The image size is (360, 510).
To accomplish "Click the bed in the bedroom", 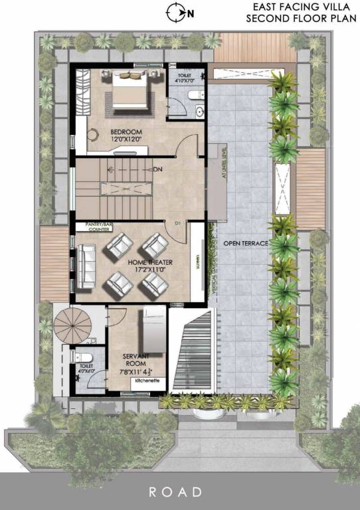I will [x=130, y=91].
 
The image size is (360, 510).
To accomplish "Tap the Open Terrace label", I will [x=246, y=243].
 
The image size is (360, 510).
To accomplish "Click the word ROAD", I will [x=175, y=492].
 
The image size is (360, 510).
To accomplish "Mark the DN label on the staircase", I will [x=157, y=170].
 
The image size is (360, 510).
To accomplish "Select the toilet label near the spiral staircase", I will [x=86, y=365].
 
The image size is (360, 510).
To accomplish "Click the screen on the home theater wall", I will [x=197, y=264].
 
